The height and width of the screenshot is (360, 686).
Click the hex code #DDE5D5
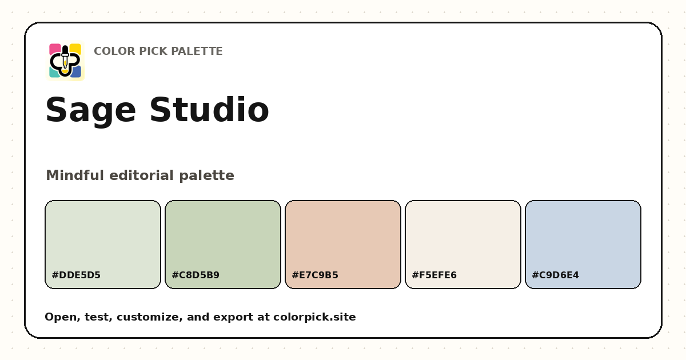[x=76, y=275]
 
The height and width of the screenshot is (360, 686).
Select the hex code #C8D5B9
[x=196, y=275]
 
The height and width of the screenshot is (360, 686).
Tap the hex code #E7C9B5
[x=315, y=275]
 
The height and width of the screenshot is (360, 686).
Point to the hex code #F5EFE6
[x=434, y=275]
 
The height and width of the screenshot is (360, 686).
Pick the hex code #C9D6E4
[x=555, y=275]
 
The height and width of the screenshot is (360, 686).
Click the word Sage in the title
[x=91, y=110]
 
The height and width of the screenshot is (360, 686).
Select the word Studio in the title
[x=209, y=109]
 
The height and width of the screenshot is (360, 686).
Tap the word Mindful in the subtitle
[x=75, y=175]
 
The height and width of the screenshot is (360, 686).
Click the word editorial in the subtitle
[x=142, y=175]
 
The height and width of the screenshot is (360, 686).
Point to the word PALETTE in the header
[x=196, y=51]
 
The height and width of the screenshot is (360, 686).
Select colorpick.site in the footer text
[x=314, y=317]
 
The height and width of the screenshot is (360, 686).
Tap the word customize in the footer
[x=149, y=317]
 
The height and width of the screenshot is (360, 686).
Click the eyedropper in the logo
[x=65, y=60]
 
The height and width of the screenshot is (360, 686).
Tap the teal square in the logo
[x=54, y=73]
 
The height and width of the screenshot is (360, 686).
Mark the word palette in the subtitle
[x=207, y=176]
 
